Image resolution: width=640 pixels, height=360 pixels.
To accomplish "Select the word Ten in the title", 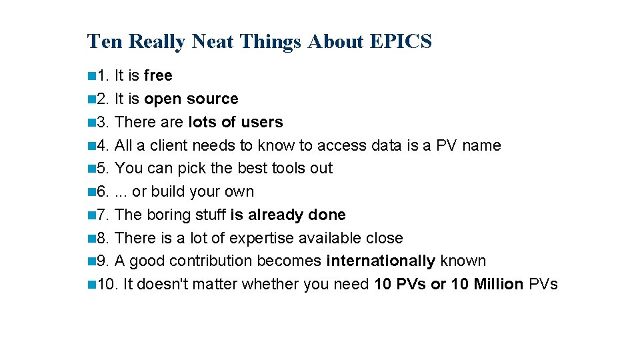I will coord(105,41).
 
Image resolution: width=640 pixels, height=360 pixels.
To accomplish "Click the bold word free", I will coord(158,76).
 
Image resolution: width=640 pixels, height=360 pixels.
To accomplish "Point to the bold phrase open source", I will coord(191,99).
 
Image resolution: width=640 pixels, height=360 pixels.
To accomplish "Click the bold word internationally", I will coord(381,261).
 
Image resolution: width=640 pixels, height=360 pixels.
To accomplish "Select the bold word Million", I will coord(499,284).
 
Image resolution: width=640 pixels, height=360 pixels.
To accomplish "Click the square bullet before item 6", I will coord(91,192).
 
